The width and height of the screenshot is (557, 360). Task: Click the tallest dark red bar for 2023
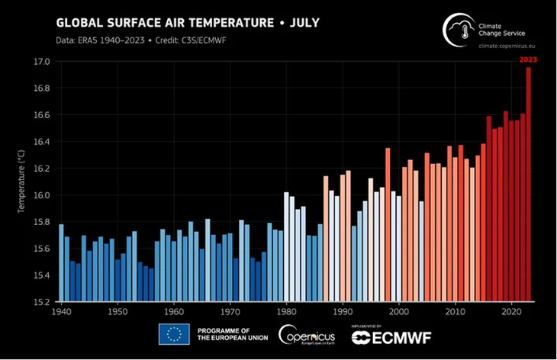click(528, 183)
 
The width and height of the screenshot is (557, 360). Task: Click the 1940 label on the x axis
click(60, 312)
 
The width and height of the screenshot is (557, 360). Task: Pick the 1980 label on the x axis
click(286, 312)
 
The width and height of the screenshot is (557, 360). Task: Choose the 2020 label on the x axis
click(511, 312)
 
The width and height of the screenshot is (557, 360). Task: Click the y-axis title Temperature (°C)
click(22, 182)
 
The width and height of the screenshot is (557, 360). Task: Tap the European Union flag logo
click(174, 334)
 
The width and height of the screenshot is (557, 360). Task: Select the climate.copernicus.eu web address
click(507, 47)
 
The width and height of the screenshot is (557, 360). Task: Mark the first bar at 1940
click(61, 263)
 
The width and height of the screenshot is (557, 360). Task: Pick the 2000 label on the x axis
click(398, 312)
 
